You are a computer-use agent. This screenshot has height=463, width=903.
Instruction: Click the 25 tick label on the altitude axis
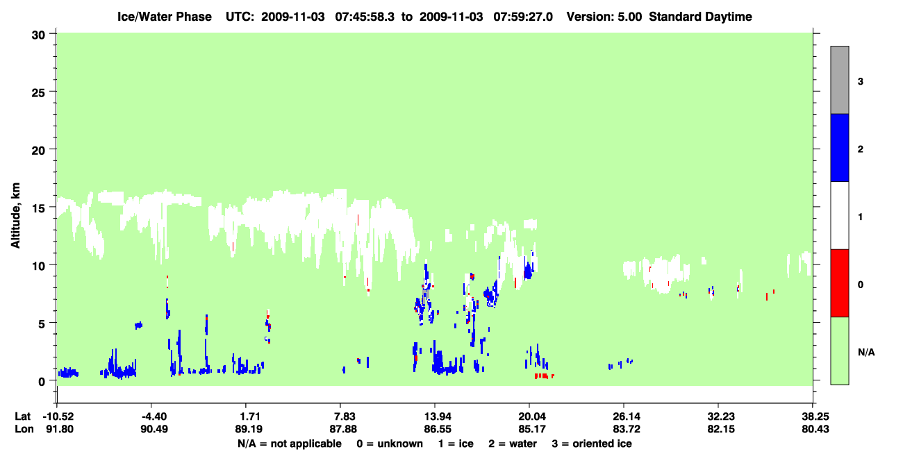pos(38,93)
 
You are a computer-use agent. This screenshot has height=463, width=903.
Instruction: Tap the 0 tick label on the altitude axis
pos(42,381)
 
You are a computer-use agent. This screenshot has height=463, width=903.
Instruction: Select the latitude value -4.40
pos(154,416)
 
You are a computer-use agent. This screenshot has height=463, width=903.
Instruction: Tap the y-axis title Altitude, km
pos(15,215)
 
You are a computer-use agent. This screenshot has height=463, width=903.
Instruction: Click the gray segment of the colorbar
pos(839,80)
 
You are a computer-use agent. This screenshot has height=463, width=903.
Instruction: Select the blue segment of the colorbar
pos(839,147)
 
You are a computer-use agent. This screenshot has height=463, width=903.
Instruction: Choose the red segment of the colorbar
pos(839,283)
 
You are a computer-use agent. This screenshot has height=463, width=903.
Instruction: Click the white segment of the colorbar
pos(839,215)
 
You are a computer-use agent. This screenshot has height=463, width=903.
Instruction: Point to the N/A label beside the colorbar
pos(866,352)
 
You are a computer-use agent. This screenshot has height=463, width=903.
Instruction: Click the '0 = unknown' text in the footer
pos(390,444)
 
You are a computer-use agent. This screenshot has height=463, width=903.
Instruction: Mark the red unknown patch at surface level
pos(544,376)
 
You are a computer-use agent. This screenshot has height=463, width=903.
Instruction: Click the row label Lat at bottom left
pos(22,416)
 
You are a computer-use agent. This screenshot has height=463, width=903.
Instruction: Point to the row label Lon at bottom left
pos(24,429)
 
